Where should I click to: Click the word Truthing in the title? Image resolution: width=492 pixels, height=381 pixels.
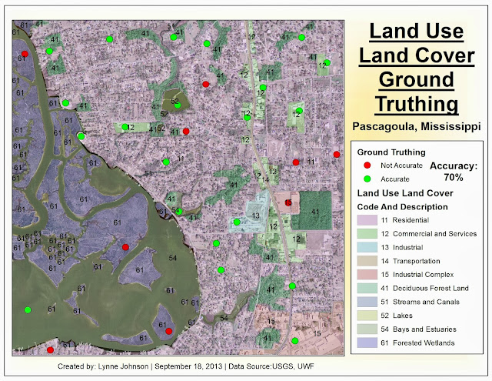[x=416, y=102]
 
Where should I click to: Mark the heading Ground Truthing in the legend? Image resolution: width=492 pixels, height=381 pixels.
[x=391, y=152]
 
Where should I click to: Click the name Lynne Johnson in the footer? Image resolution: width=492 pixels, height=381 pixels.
[x=123, y=367]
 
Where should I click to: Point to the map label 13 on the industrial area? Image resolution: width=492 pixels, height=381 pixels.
[x=254, y=215]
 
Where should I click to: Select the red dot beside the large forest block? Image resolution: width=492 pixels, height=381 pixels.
[x=288, y=202]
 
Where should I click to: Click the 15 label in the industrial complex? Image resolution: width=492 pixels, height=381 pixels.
[x=315, y=333]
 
